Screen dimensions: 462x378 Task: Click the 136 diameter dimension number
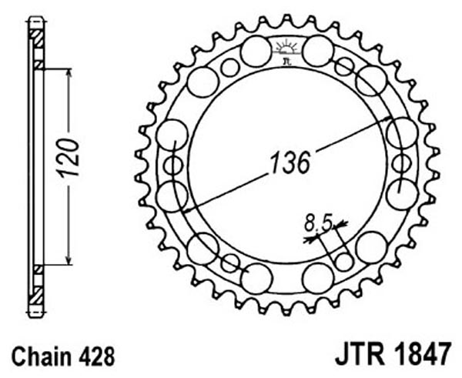coord(290,163)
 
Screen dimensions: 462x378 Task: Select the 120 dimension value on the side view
coord(69,159)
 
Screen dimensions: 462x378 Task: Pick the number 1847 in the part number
coord(422,353)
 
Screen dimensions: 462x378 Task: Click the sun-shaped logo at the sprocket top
coord(286,47)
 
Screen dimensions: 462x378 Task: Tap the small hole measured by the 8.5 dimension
coord(344,261)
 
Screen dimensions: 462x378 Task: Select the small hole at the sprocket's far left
coord(173,166)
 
